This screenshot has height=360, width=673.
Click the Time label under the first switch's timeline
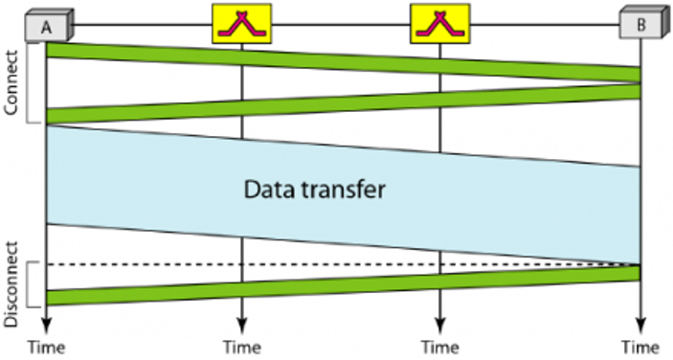[241, 346]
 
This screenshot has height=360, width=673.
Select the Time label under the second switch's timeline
[439, 346]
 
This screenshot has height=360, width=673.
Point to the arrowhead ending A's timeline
[46, 324]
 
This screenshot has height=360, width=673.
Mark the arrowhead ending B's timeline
[640, 324]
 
